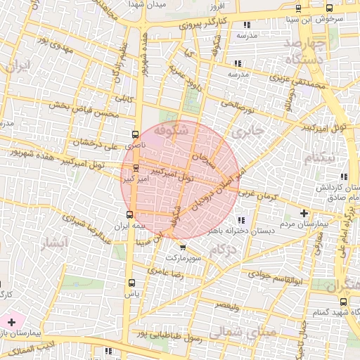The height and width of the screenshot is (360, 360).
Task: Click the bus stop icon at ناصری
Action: coord(134,134)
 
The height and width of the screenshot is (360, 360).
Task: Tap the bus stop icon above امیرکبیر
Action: coord(135,167)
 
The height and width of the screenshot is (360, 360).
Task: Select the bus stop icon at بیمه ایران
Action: coord(129,214)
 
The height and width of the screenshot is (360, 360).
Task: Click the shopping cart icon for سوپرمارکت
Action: coord(183,247)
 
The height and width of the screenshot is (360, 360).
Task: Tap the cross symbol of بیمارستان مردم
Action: coord(304,212)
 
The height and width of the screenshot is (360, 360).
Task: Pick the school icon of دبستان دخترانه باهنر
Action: coord(243,219)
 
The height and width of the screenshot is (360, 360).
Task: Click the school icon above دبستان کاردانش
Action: coord(344,176)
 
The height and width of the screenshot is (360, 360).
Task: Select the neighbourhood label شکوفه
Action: coord(175,129)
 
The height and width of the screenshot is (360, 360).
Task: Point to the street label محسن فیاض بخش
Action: coord(77,108)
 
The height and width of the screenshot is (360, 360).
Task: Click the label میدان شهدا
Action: coord(147,4)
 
